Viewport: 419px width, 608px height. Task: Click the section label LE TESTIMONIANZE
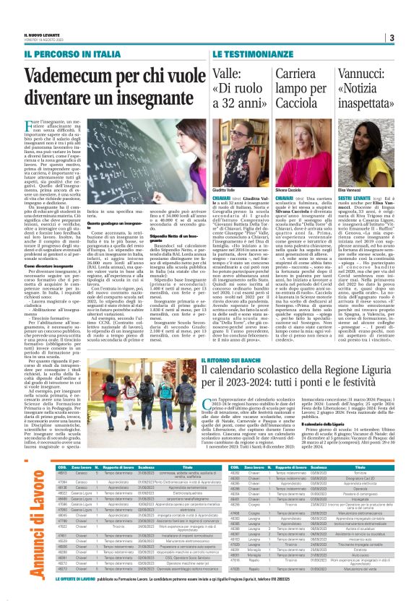(223, 54)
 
